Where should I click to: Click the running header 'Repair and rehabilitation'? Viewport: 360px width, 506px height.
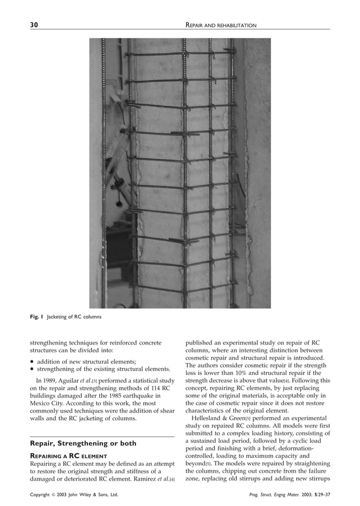click(x=221, y=25)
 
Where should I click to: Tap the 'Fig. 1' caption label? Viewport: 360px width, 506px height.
click(x=37, y=317)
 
